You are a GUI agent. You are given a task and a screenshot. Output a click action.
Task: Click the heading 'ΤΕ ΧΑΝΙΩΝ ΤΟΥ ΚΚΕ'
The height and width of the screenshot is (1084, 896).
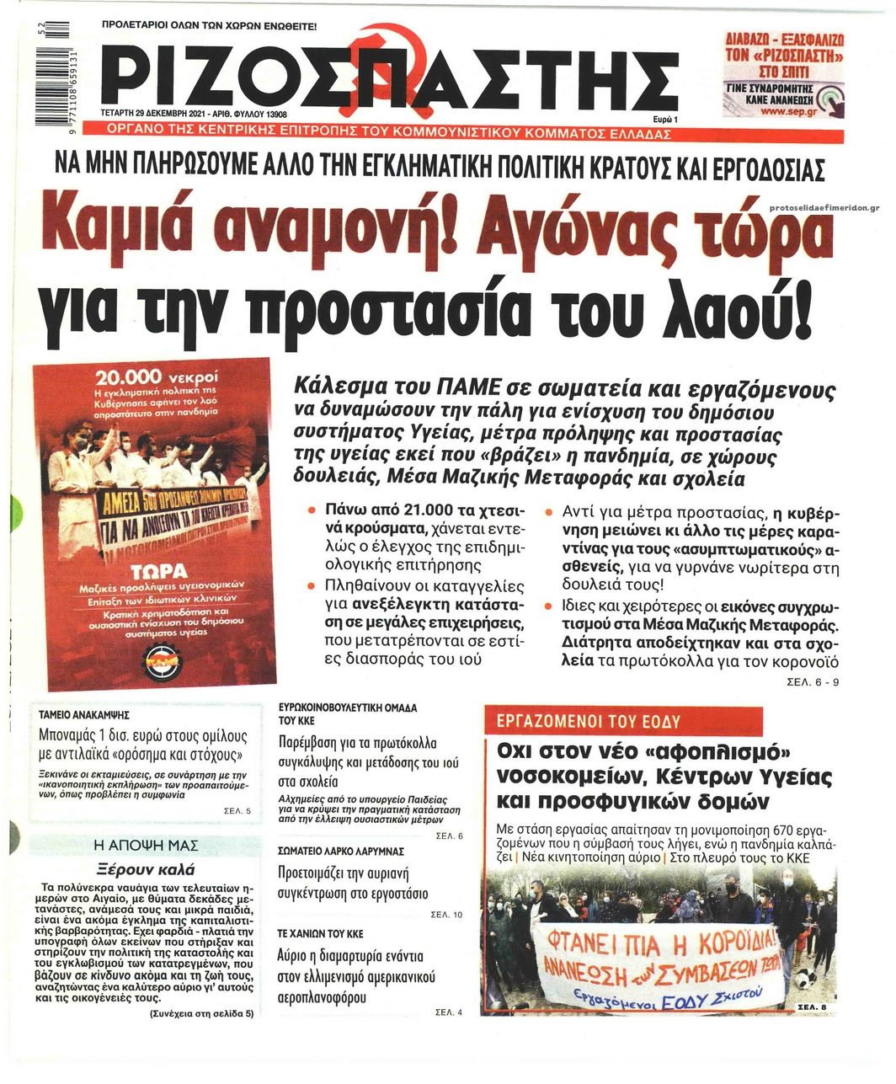pos(321,934)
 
